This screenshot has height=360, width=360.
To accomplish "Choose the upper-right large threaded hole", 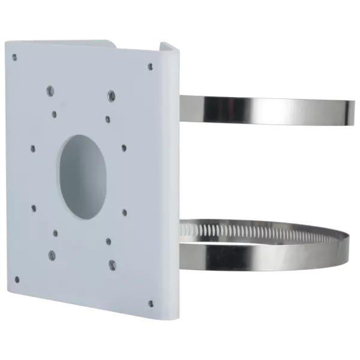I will coord(112,94).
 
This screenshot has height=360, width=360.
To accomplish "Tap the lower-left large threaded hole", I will coord(52,254).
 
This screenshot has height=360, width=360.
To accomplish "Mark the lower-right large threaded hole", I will coord(112,262).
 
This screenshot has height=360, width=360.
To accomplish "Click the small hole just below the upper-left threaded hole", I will coord(55,113).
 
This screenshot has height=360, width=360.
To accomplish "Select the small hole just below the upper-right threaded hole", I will coord(107,118).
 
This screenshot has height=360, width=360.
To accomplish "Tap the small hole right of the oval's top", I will coord(124,147).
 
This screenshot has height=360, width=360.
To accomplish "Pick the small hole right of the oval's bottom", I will coord(124,211).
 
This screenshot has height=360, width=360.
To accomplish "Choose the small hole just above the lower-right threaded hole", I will coord(108,241).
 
